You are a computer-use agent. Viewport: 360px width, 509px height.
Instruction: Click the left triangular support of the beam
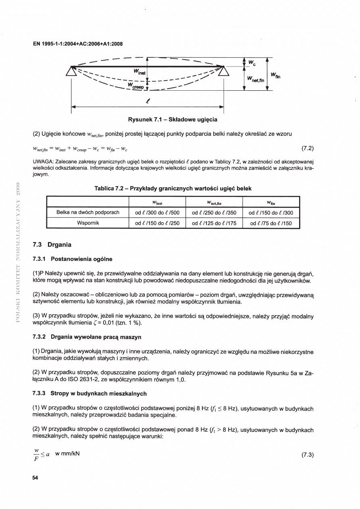[72, 71]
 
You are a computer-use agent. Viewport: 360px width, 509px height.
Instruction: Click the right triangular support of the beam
[224, 71]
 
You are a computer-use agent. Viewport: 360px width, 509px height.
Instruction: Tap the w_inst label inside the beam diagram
[140, 72]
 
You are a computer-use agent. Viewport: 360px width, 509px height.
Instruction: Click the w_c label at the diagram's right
[252, 62]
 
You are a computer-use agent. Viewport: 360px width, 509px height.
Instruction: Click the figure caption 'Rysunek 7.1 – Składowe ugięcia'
[173, 120]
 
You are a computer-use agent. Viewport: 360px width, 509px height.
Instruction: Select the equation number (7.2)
[308, 148]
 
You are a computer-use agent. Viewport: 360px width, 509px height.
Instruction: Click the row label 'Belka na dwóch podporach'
[87, 212]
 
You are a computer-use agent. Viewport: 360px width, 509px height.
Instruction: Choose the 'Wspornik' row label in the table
[87, 222]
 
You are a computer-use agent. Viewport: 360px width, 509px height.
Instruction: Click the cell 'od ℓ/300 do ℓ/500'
[157, 212]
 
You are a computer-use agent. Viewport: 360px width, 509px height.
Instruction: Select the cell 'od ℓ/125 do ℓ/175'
[214, 223]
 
